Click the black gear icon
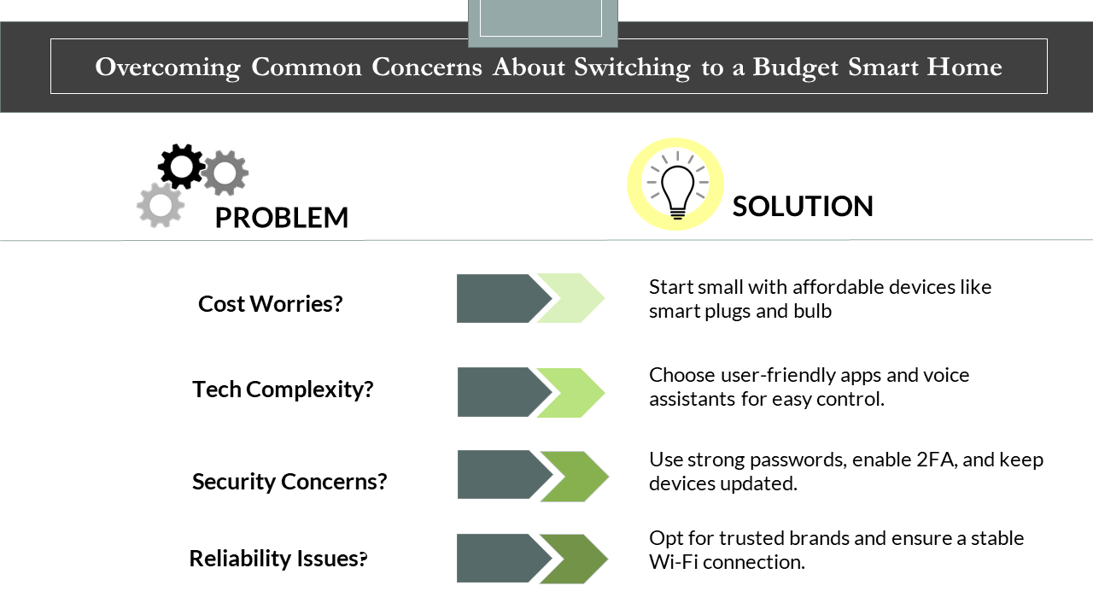[181, 167]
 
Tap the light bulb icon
[677, 185]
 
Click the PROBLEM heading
[282, 218]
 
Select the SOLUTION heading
[803, 206]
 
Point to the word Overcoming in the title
[168, 67]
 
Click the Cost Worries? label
[271, 304]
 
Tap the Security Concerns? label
[289, 482]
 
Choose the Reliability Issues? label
[278, 559]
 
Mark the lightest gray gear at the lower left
[161, 206]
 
